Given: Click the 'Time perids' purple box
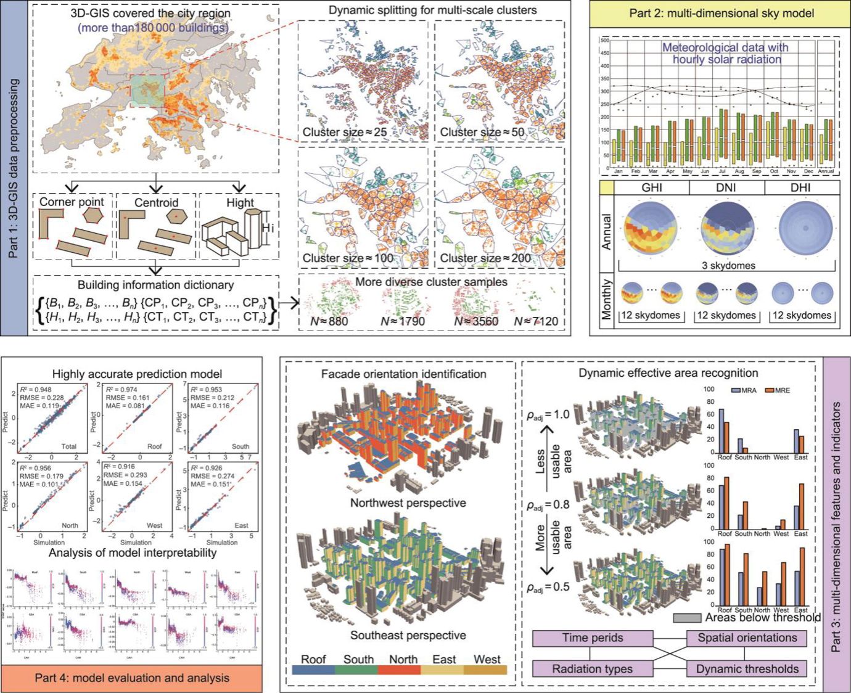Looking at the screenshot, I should click(593, 638).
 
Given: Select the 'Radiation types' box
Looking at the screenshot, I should click(593, 669).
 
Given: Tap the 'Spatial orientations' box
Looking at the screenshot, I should click(747, 638).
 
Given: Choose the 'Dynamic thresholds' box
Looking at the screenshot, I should click(747, 669).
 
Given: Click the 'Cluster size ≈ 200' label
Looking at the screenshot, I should click(485, 258).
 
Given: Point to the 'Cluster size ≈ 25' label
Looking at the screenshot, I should click(344, 132).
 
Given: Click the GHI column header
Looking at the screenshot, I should click(652, 187).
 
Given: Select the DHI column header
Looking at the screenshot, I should click(800, 187).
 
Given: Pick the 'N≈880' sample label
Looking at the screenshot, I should click(329, 321).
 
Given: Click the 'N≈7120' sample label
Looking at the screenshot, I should click(536, 321).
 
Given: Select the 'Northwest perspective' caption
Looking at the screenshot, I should click(408, 503).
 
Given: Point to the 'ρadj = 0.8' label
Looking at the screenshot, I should click(548, 505).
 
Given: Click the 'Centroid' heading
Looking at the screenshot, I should click(156, 202).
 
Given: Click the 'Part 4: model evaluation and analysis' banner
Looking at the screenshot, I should click(132, 678).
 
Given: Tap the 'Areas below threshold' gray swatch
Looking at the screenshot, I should click(687, 618).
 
